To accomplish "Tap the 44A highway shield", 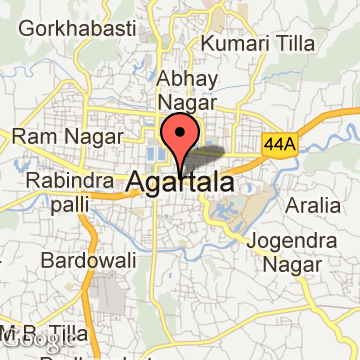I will pyautogui.click(x=280, y=144).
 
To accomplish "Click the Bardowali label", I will pyautogui.click(x=83, y=260).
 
